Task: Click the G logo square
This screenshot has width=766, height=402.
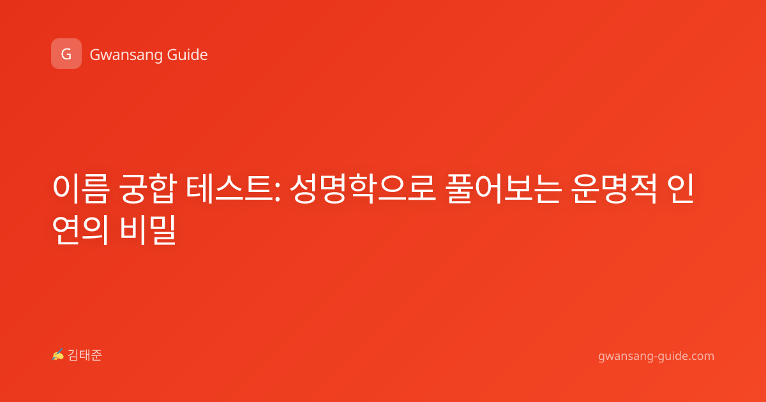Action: pos(66,54)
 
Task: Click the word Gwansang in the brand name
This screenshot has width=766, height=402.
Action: pos(126,56)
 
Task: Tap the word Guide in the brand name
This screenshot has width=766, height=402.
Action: pos(188,55)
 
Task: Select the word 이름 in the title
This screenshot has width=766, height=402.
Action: pos(81,189)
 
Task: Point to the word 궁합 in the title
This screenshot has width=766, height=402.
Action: pos(147,189)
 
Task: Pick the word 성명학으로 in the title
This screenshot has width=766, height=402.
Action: pos(363,189)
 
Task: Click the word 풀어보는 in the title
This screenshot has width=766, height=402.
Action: pos(504,189)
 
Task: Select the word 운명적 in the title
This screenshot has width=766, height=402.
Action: pos(614,189)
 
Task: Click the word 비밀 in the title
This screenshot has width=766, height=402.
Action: pos(147,230)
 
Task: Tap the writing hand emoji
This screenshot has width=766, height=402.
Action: pos(58,355)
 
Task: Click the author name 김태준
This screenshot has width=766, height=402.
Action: pos(85,355)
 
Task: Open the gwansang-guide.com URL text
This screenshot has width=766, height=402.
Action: pos(656,356)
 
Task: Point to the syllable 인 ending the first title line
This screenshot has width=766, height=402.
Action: pos(681,189)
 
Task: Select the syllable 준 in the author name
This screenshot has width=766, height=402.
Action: pos(96,355)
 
